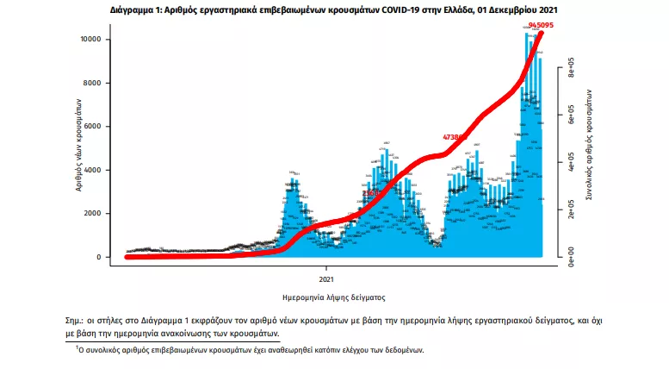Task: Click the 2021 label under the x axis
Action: point(326,279)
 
